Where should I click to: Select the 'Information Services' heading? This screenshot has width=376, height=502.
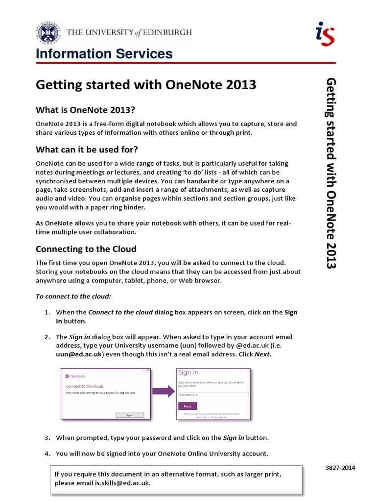pyautogui.click(x=104, y=54)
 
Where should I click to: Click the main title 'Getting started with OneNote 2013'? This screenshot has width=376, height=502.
pyautogui.click(x=146, y=85)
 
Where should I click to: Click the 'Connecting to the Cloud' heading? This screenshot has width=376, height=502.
pyautogui.click(x=86, y=249)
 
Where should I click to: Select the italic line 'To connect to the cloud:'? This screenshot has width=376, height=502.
pyautogui.click(x=73, y=296)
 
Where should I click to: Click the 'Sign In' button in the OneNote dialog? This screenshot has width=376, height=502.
pyautogui.click(x=129, y=414)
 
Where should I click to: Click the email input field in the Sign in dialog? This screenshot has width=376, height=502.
pyautogui.click(x=213, y=394)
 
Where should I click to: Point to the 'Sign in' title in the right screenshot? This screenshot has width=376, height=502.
pyautogui.click(x=188, y=373)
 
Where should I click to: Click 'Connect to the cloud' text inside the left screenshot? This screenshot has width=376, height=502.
pyautogui.click(x=84, y=386)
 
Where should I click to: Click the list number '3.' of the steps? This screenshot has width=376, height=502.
pyautogui.click(x=47, y=437)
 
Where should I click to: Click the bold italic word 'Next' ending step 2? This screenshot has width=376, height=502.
pyautogui.click(x=262, y=354)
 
